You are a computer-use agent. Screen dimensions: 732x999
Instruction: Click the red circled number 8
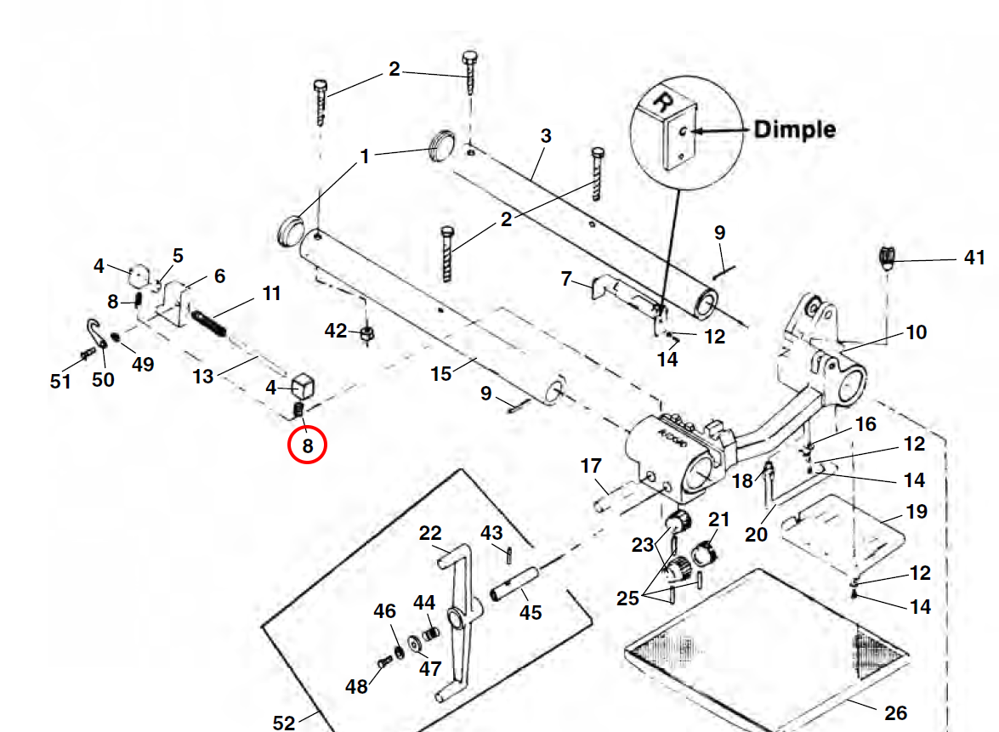pos(307,445)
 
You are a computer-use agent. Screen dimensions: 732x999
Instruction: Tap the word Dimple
pos(794,129)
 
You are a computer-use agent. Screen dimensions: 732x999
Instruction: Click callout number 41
pos(974,257)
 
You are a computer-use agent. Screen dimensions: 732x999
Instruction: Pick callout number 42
pos(337,330)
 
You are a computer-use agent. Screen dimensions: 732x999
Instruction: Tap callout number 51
pos(60,381)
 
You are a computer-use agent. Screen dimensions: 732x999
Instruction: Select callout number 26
pos(895,712)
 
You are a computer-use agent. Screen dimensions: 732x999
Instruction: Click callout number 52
pos(284,723)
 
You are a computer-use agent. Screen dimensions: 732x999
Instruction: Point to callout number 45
pos(531,611)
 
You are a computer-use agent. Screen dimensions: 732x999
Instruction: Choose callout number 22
pos(431,533)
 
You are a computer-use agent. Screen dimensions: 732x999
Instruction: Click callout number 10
pos(916,332)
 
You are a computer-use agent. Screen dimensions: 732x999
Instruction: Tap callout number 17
pos(591,466)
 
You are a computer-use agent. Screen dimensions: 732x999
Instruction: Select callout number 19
pos(916,512)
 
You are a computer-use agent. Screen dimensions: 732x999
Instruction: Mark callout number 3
pos(546,136)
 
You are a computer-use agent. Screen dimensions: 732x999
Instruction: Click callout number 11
pos(271,294)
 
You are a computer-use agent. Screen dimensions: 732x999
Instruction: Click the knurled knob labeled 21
pos(706,554)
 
